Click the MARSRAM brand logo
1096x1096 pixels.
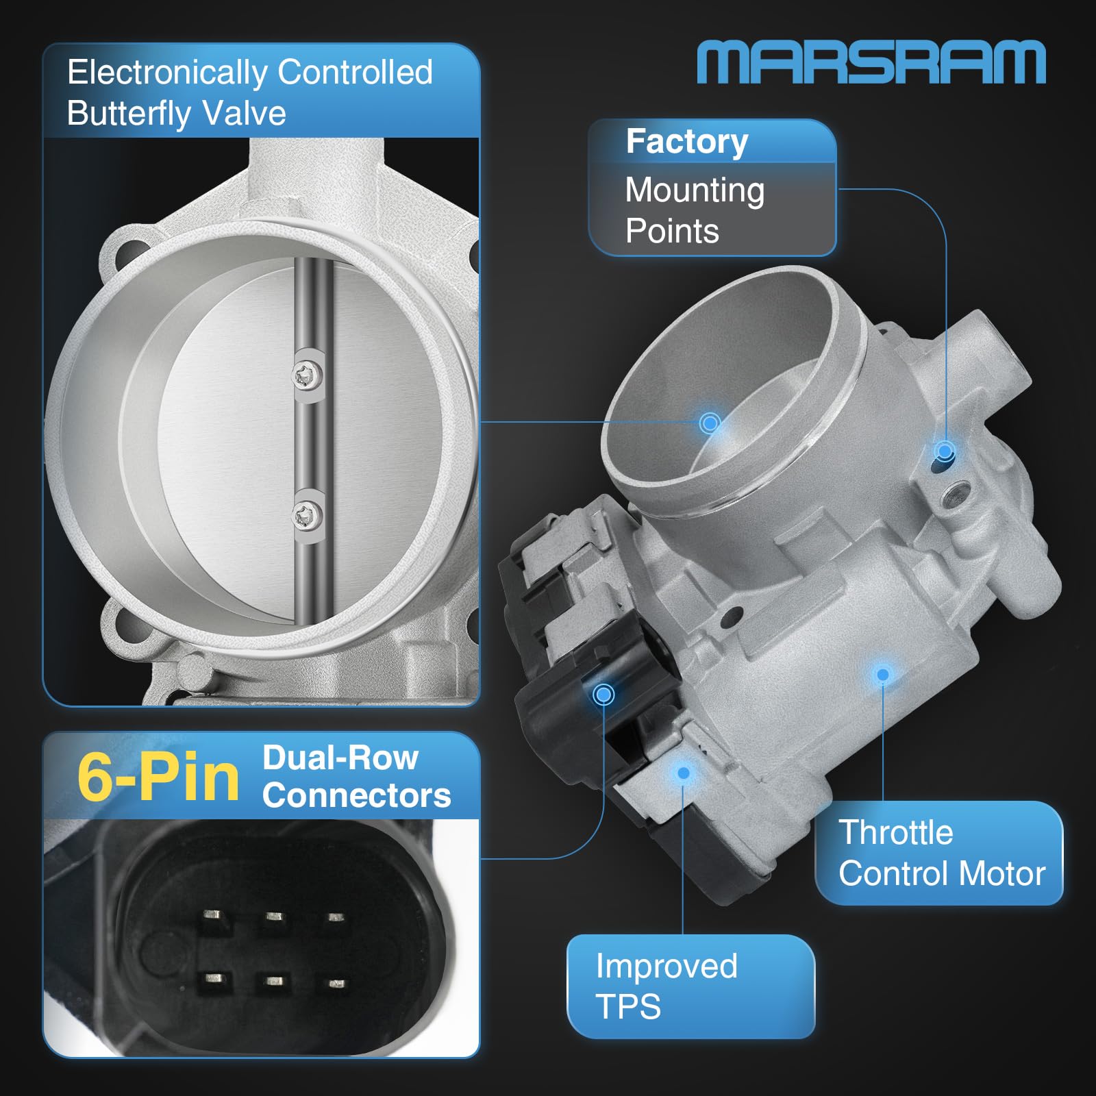click(871, 62)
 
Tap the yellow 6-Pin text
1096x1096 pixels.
click(158, 777)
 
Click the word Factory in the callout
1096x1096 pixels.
click(686, 142)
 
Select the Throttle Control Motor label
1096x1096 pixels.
click(941, 853)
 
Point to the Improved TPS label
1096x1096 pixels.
click(666, 986)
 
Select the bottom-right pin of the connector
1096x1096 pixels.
click(336, 984)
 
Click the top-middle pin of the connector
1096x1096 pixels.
click(274, 917)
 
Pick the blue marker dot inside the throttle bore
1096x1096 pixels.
click(710, 423)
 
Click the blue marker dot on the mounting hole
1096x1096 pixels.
click(945, 451)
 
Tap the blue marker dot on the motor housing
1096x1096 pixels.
click(883, 675)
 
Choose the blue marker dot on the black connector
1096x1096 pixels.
click(603, 695)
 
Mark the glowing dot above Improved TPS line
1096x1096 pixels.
click(683, 773)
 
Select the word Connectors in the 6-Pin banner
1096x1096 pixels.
click(356, 795)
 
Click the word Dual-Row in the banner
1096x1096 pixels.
click(340, 758)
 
